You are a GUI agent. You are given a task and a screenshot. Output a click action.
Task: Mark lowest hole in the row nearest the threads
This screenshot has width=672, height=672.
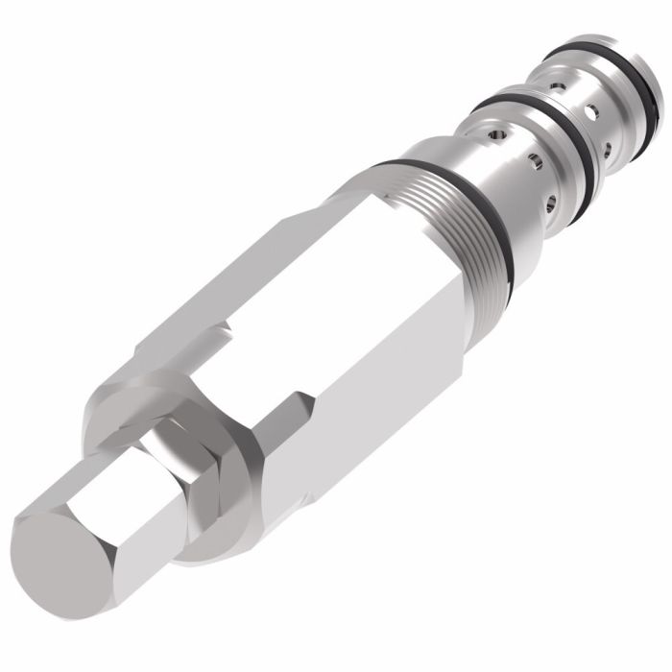pos(551,202)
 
